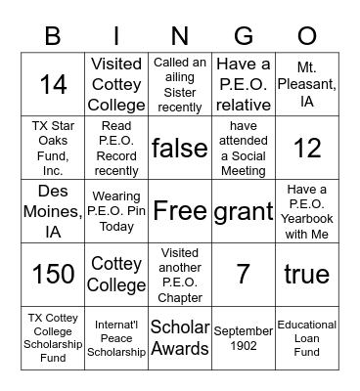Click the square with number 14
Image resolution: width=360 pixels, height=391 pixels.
(54, 84)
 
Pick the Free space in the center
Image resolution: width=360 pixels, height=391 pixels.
(180, 211)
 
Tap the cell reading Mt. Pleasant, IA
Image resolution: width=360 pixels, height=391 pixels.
(306, 84)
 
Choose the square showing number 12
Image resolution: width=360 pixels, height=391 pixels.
(306, 148)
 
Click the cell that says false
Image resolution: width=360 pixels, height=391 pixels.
(180, 148)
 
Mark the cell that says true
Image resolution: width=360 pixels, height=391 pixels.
(306, 275)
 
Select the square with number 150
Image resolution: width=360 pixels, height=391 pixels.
(54, 275)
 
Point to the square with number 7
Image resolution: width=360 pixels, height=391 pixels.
(244, 275)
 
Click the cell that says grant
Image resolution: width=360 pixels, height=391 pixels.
(244, 211)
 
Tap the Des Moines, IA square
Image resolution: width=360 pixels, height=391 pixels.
(54, 211)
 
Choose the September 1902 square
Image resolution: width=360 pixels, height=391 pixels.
(244, 338)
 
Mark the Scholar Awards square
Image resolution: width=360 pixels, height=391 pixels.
(180, 338)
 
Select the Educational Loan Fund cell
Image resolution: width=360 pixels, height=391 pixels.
(306, 338)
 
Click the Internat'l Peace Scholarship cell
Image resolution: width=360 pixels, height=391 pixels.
(117, 338)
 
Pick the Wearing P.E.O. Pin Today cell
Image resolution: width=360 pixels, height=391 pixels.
(117, 211)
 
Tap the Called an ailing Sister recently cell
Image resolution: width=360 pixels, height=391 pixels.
(180, 84)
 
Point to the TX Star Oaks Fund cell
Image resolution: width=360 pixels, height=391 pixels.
(54, 148)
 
